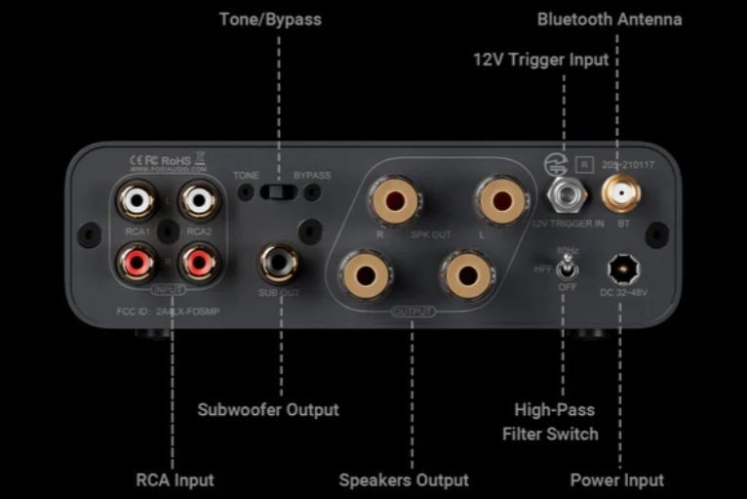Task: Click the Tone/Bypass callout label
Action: point(270,20)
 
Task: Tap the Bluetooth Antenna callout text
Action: point(609,20)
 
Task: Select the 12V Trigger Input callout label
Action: point(540,60)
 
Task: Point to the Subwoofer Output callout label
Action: point(268,409)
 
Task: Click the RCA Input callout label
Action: point(175,479)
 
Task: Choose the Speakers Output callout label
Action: point(404,479)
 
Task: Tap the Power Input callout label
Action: point(616,479)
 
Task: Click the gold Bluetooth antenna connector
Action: point(616,196)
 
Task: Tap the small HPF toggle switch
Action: point(565,267)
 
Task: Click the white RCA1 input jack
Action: point(137,203)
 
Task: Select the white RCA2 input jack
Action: point(199,203)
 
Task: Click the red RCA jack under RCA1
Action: point(137,262)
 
